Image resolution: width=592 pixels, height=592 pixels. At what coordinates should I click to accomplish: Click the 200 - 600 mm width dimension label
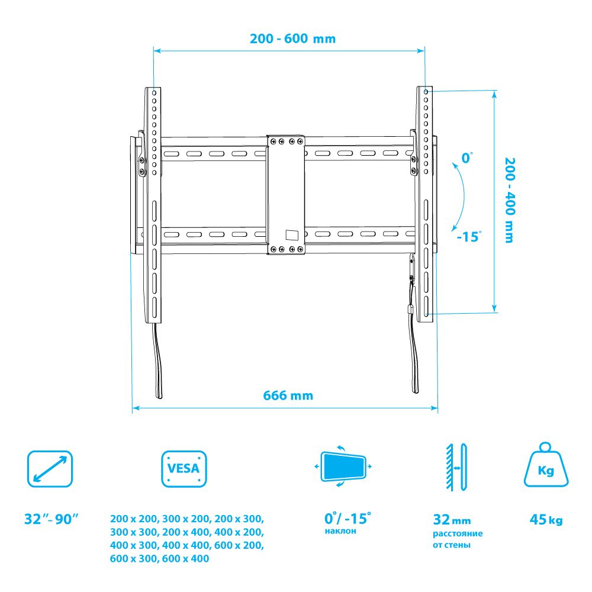[x=292, y=38]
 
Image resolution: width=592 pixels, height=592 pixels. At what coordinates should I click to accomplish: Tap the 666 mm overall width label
[x=288, y=395]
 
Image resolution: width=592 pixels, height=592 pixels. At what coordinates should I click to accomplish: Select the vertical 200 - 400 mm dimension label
[x=510, y=201]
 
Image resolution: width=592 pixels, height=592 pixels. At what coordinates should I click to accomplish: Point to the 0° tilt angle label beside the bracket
[x=468, y=158]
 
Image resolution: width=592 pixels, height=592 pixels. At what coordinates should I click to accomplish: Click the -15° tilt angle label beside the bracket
[x=469, y=237]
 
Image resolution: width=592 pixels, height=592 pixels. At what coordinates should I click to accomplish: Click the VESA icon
[x=184, y=468]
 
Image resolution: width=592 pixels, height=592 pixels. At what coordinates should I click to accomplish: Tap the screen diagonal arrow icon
[x=50, y=468]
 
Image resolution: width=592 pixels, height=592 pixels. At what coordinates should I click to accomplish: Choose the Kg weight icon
[x=546, y=465]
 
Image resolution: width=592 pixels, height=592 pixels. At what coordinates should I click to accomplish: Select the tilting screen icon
[x=343, y=466]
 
